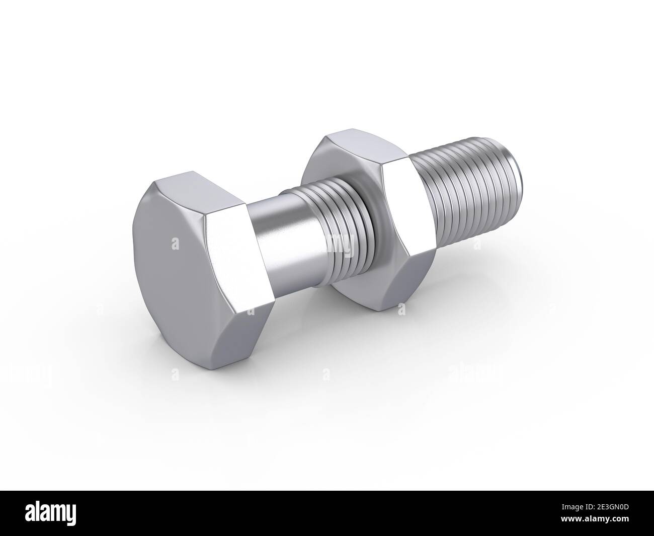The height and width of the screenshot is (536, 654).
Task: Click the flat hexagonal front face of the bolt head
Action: point(174,262)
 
